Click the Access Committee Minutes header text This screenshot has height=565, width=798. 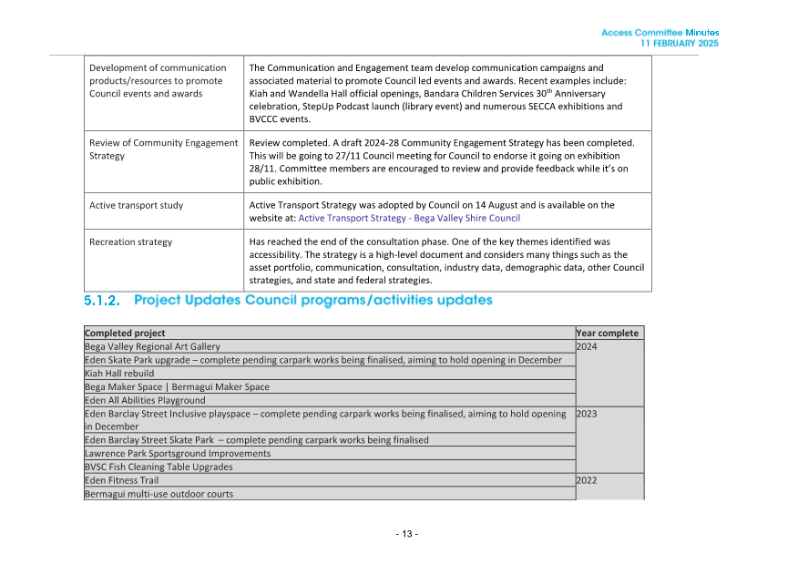[x=660, y=33]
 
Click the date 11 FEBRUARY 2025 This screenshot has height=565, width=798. [x=679, y=43]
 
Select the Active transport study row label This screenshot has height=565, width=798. [x=136, y=205]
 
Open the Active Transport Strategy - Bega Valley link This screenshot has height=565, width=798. [x=409, y=218]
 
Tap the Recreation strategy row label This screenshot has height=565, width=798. [x=130, y=241]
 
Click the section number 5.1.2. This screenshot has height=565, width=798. [x=102, y=300]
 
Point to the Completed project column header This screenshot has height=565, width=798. [x=125, y=333]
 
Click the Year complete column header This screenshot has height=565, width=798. [x=608, y=333]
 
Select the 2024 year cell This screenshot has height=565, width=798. [x=588, y=346]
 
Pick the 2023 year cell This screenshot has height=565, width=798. [x=588, y=414]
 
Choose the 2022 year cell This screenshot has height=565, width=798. [x=588, y=480]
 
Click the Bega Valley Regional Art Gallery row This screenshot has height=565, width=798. [x=152, y=346]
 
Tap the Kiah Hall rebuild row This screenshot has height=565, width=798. [x=119, y=373]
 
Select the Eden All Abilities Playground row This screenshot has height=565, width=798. [x=145, y=400]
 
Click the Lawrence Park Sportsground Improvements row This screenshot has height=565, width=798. [x=178, y=453]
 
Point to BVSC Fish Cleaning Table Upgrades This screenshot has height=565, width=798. [x=158, y=467]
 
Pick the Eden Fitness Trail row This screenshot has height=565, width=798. [x=121, y=480]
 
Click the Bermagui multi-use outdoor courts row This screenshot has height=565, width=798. [x=159, y=494]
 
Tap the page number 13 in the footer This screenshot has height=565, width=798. [x=406, y=533]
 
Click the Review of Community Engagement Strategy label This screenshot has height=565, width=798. [x=163, y=149]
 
